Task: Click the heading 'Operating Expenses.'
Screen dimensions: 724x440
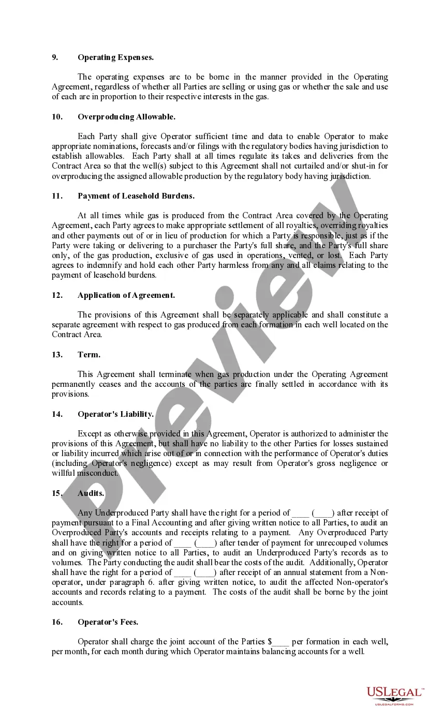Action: pos(115,57)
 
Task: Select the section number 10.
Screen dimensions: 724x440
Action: pos(57,117)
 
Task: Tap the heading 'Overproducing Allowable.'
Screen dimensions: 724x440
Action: pos(126,117)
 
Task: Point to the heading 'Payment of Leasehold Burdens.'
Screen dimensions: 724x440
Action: pos(136,196)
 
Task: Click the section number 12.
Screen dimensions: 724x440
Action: pos(57,295)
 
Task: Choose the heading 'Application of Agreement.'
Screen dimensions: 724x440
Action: pos(126,295)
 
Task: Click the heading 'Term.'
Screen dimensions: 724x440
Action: pos(89,355)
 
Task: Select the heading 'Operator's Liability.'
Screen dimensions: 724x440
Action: pos(115,414)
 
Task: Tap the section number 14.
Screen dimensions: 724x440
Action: pos(57,414)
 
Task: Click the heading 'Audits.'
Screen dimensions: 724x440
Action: pos(91,493)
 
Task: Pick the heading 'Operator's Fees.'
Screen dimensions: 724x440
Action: pos(108,622)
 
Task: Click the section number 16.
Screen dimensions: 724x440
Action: pos(57,622)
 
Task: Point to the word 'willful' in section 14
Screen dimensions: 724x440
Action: pos(63,473)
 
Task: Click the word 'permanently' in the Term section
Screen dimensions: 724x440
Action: pos(72,384)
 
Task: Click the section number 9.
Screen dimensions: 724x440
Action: pos(55,57)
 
